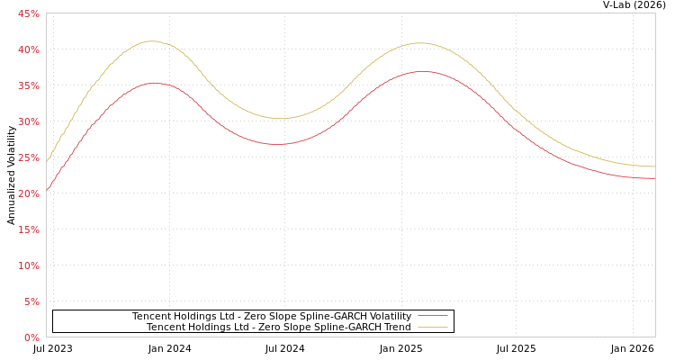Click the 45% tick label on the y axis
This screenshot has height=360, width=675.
[x=29, y=13]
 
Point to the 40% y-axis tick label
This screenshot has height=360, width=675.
[x=29, y=49]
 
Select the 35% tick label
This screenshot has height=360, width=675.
[x=29, y=85]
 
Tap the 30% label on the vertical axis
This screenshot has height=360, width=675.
[x=29, y=121]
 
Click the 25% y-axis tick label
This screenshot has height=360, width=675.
[x=29, y=157]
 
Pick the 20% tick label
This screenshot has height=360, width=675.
[x=29, y=193]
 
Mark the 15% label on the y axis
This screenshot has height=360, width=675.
[x=29, y=229]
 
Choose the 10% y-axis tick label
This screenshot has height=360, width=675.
[x=29, y=265]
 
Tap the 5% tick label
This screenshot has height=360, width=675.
[x=31, y=301]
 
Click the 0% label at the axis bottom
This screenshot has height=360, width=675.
[x=31, y=337]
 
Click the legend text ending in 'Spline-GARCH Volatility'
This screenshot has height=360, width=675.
[x=271, y=316]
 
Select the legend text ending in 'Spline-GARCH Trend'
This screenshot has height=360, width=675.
[x=278, y=327]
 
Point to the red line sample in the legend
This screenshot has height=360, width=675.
[x=432, y=316]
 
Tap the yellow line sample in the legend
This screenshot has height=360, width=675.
[x=432, y=327]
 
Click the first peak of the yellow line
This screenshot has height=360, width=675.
[x=150, y=40]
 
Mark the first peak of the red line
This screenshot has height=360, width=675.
[x=154, y=83]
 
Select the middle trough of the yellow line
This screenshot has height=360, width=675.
[x=280, y=118]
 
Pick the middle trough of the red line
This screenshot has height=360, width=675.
[x=277, y=144]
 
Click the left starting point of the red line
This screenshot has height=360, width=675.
[x=47, y=190]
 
